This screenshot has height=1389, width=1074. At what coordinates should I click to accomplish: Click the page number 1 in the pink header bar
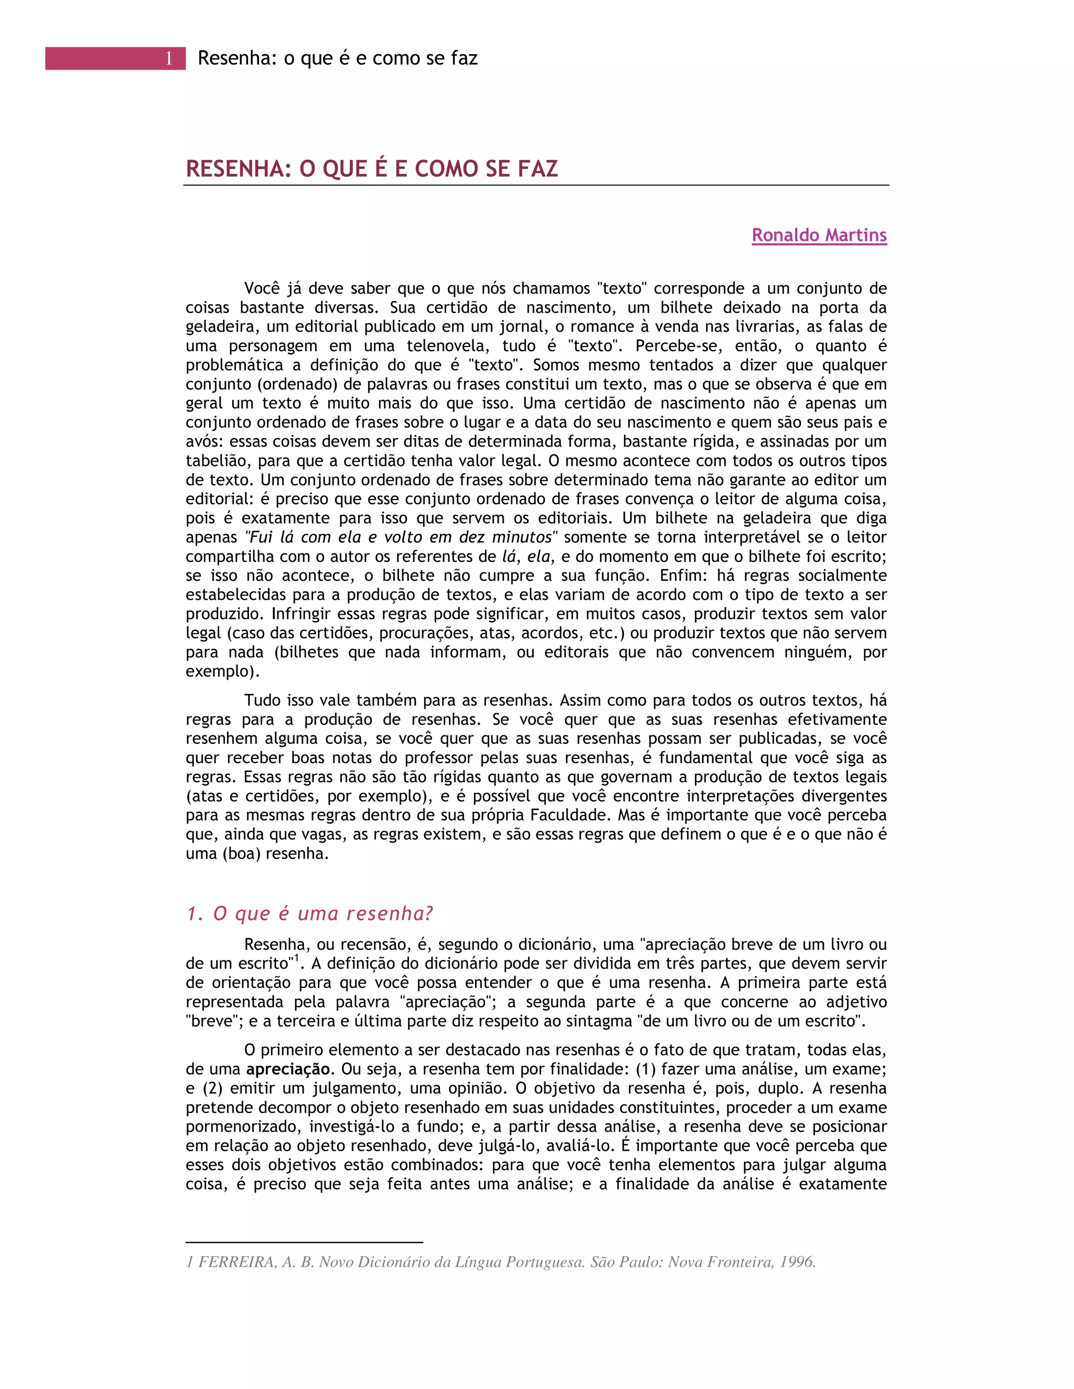point(169,59)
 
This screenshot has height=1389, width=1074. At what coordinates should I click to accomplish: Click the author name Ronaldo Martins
point(819,235)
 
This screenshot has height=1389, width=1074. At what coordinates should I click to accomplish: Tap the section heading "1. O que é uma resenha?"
point(309,914)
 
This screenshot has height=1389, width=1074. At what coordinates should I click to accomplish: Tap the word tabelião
point(217,461)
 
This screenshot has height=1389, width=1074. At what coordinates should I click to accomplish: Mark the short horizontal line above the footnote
point(304,1242)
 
